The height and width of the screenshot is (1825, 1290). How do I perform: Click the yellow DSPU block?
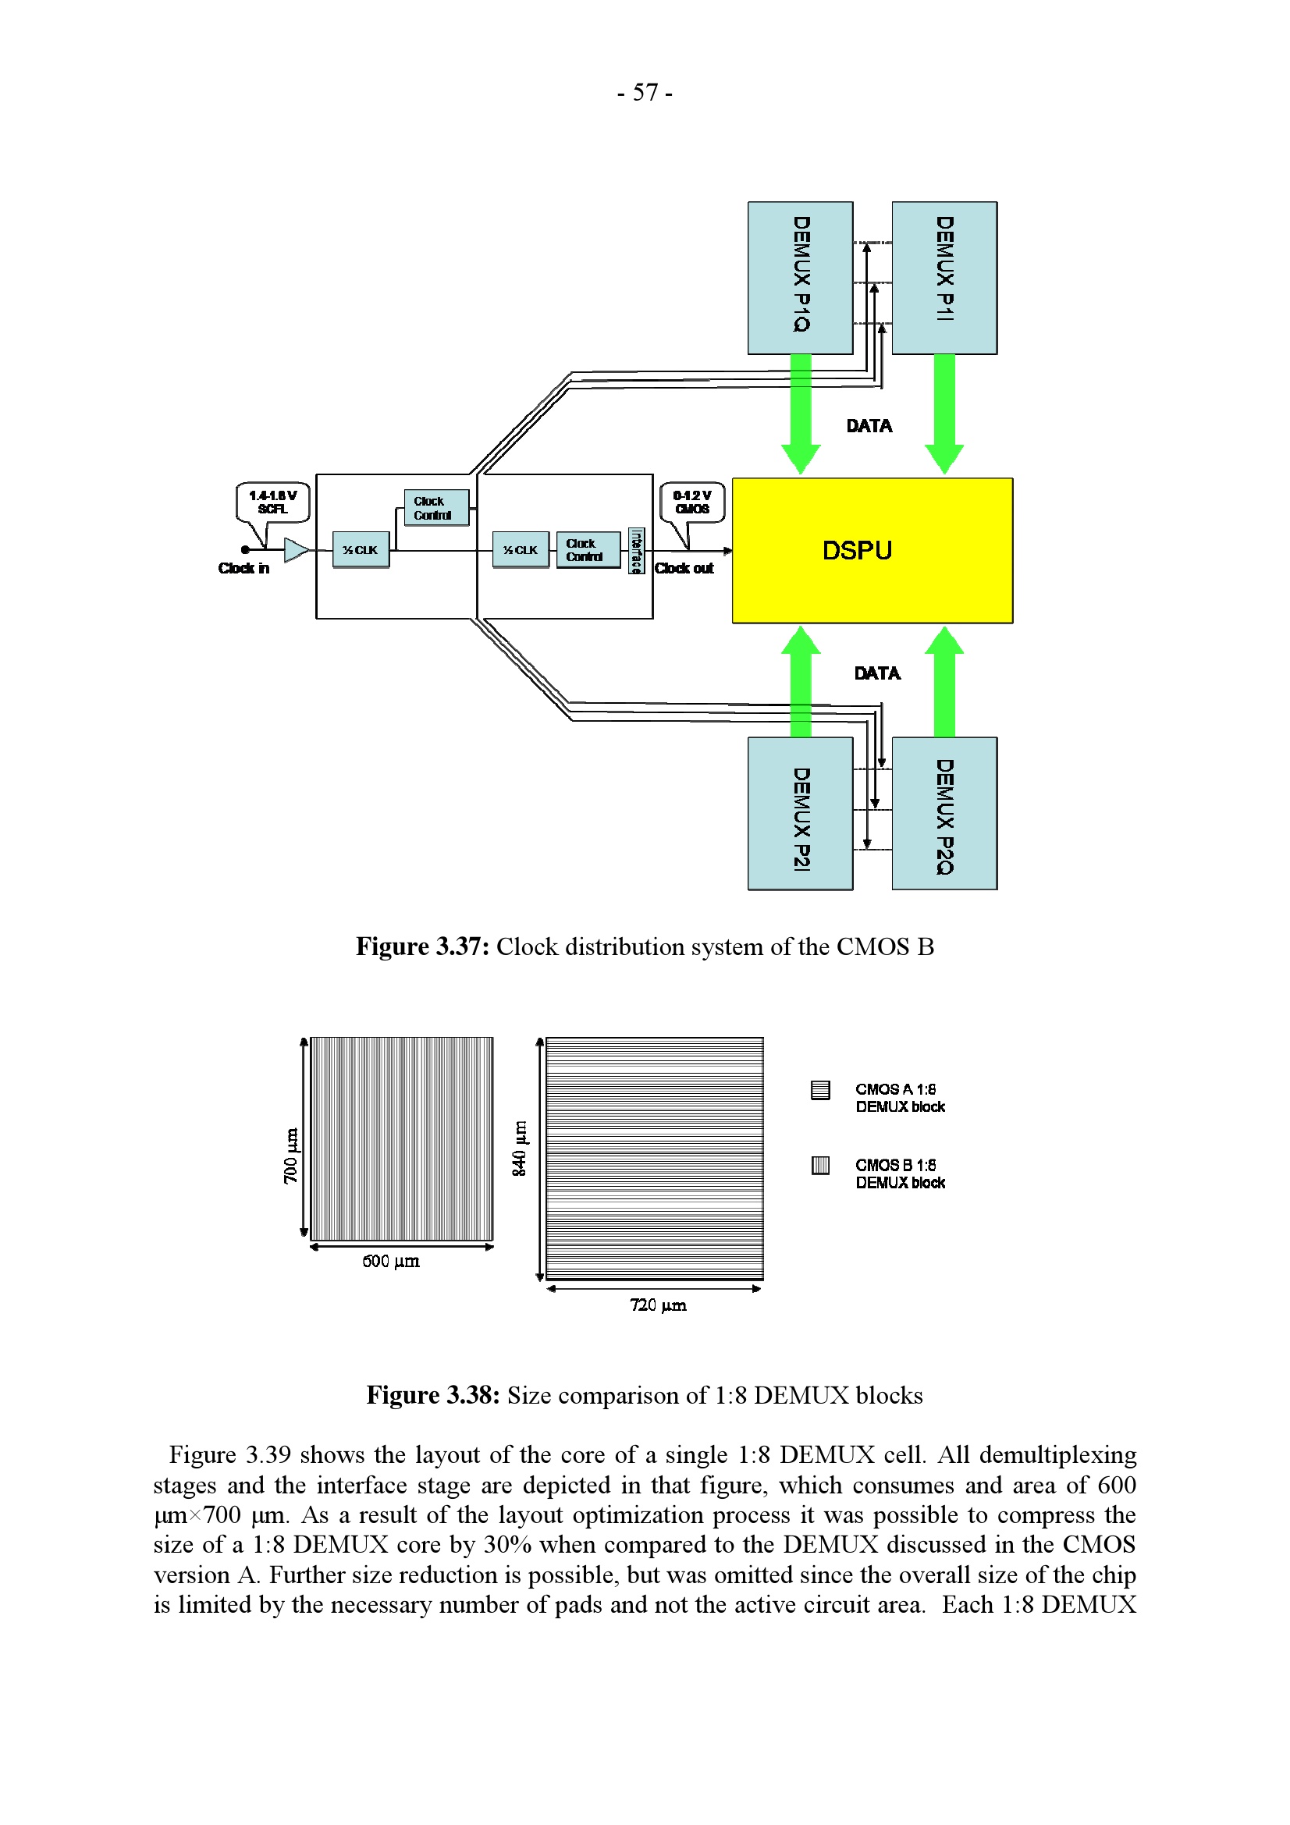point(872,550)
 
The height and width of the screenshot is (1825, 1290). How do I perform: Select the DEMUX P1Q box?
point(800,278)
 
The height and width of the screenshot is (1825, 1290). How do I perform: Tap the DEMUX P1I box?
point(944,278)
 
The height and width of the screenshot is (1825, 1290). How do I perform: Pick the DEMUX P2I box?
point(800,812)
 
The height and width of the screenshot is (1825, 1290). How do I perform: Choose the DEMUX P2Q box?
point(944,812)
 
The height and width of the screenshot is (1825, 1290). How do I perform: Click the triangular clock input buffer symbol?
point(297,549)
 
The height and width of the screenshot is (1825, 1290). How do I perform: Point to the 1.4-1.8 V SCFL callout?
point(272,502)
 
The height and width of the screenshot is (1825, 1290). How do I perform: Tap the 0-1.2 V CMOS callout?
point(692,502)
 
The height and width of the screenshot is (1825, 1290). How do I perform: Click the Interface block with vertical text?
point(635,550)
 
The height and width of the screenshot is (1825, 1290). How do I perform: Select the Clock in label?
point(244,568)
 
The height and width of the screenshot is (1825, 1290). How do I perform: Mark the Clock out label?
point(684,568)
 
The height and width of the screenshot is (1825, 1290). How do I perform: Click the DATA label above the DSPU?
point(869,426)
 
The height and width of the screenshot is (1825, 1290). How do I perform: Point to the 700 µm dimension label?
point(291,1155)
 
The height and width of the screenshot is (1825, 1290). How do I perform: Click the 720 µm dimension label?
point(657,1305)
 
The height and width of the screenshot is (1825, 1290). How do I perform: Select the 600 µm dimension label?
point(390,1261)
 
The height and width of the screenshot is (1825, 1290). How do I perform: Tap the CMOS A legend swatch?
point(819,1090)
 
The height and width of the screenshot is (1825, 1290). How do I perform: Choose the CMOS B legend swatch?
point(819,1165)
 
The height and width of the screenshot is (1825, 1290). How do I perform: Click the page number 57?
point(645,93)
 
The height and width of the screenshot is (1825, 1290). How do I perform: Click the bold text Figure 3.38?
point(432,1395)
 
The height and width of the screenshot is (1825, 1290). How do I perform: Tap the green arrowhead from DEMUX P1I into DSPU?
point(944,458)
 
